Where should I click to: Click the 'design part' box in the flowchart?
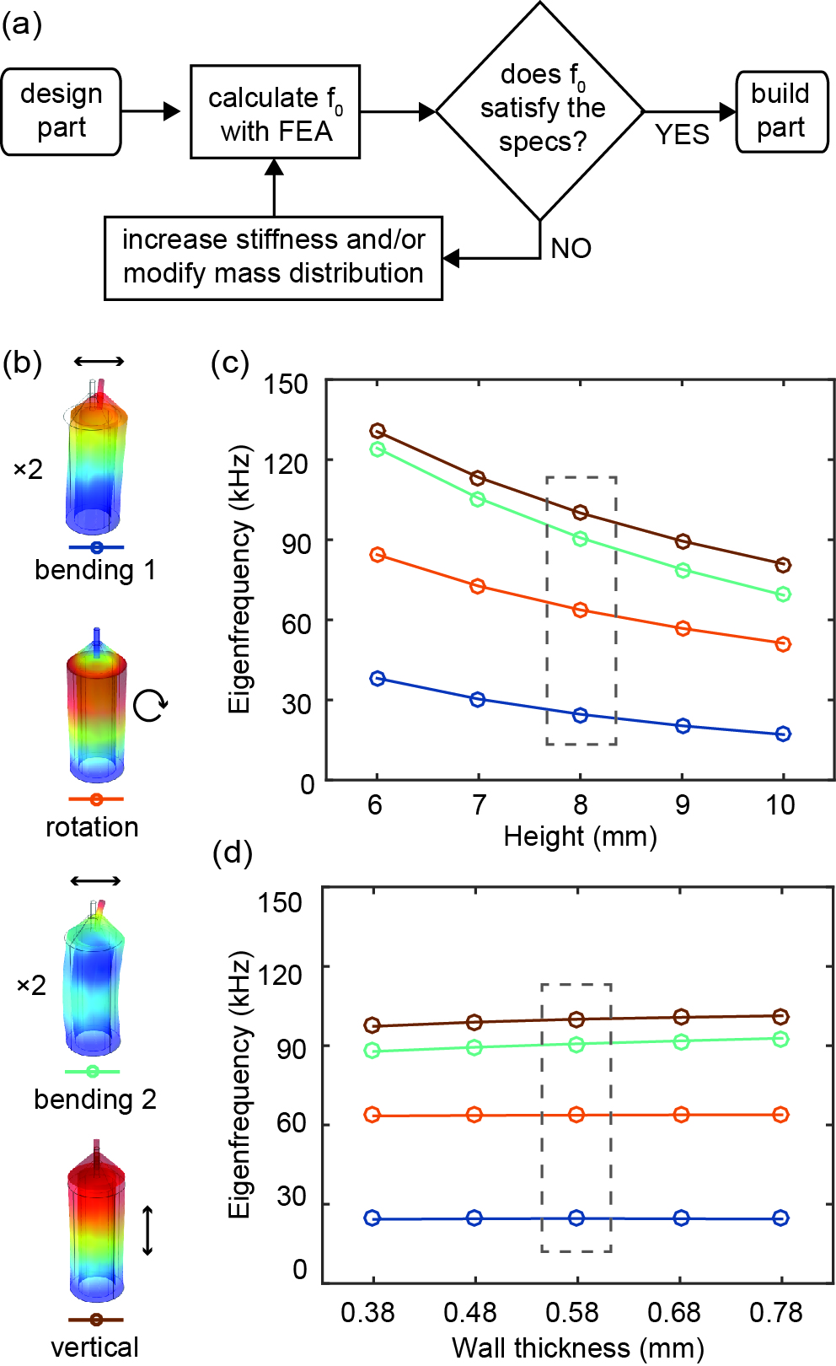coord(61,111)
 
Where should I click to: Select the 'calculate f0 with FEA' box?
coord(275,112)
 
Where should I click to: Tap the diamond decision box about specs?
coord(540,110)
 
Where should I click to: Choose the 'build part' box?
coord(781,111)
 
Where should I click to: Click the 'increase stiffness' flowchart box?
coord(273,257)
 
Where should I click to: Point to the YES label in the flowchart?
coord(682,135)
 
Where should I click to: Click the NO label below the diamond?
coord(571,249)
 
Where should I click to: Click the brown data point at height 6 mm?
coord(378,432)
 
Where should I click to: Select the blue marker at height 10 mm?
coord(783,734)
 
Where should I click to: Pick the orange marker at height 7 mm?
coord(478,586)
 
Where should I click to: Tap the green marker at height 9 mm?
coord(683,571)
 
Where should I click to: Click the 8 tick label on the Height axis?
coord(580,805)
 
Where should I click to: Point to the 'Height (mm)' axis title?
coord(580,837)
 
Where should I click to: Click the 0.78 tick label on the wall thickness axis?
coord(776,1313)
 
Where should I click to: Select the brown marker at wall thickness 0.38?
coord(372,1025)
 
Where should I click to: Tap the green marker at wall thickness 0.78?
coord(780,1040)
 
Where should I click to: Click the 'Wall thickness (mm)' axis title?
coord(577,1347)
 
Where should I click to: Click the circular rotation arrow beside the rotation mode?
coord(151,705)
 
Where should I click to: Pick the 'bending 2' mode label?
coord(95,1100)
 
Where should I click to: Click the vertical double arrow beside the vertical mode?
coord(147,1231)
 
